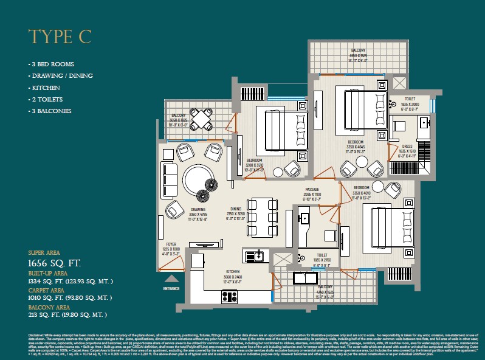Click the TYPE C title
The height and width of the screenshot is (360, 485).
[x=60, y=36]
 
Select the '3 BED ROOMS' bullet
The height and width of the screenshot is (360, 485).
[x=49, y=64]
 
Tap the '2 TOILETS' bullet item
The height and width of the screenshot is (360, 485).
[x=46, y=99]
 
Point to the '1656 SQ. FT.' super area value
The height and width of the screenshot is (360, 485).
[x=55, y=263]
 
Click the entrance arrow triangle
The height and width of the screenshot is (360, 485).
[x=171, y=279]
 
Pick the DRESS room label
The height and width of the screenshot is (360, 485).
[x=407, y=147]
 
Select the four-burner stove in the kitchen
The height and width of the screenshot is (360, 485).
[x=229, y=297]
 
